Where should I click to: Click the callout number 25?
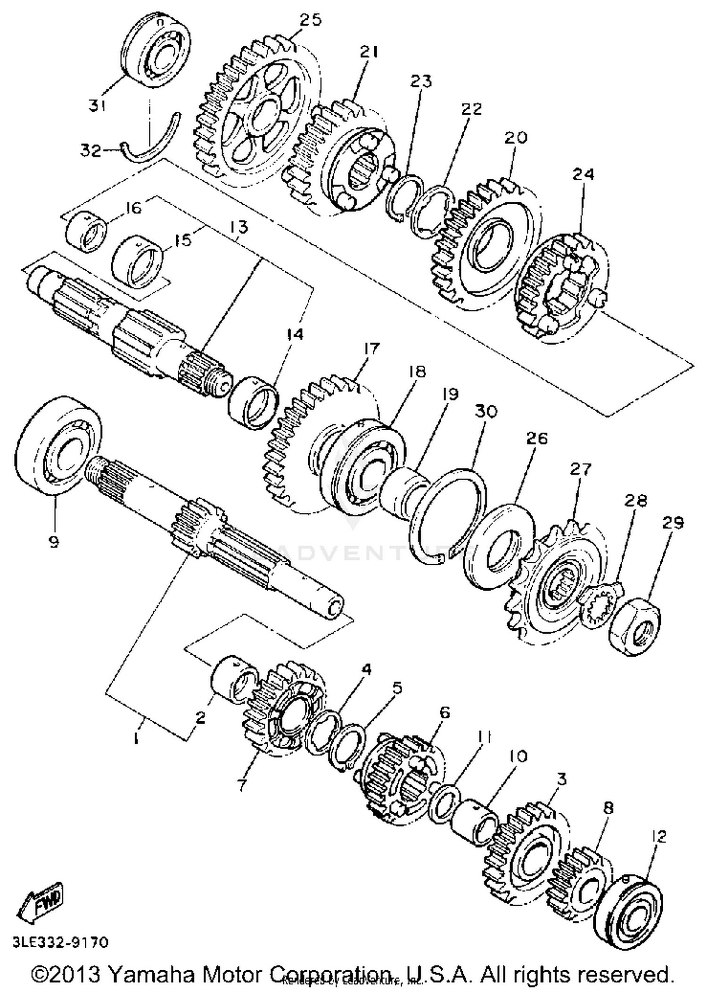(x=310, y=21)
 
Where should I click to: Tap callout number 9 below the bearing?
(x=54, y=542)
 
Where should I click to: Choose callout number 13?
(x=239, y=227)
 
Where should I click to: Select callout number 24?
(x=583, y=175)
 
